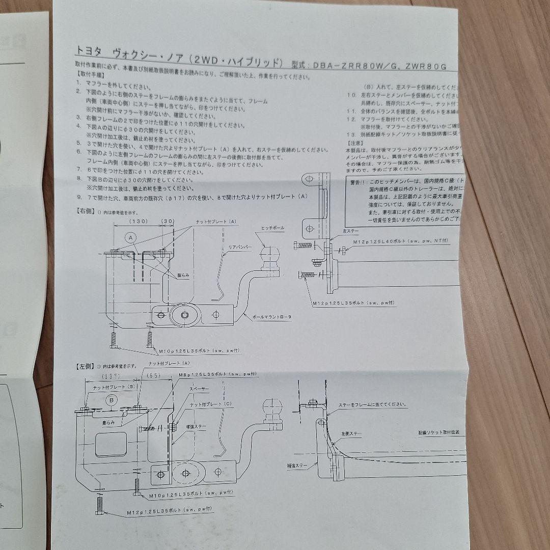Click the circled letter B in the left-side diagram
tap(112, 401)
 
